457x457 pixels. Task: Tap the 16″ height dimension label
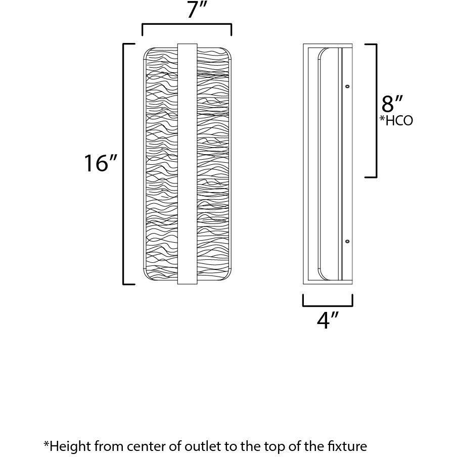tap(101, 163)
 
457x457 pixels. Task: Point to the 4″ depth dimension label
tap(327, 321)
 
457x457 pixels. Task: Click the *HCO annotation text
tap(397, 121)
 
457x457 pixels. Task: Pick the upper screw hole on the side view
tap(347, 87)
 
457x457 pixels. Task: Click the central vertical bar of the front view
tap(187, 164)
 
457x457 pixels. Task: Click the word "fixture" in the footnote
tap(347, 446)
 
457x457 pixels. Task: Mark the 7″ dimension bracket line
tap(187, 24)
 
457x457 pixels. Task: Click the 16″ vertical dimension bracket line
tap(124, 164)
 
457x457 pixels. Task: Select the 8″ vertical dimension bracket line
tap(376, 111)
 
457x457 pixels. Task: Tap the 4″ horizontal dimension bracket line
tap(328, 306)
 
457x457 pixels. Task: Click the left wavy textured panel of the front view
tap(161, 164)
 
